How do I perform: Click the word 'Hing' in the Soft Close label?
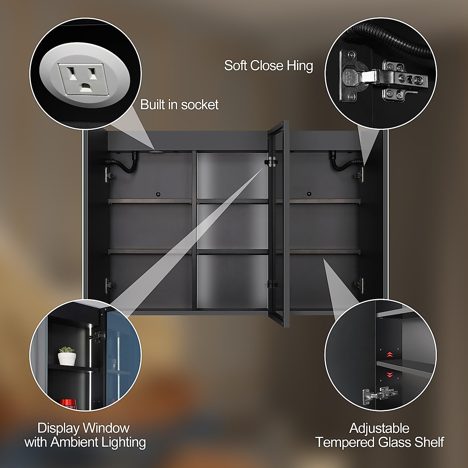(x=300, y=66)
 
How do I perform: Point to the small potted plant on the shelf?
(x=67, y=356)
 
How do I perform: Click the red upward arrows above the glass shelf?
(x=389, y=355)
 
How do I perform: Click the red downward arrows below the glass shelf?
(x=389, y=375)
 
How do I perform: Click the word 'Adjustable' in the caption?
(x=379, y=428)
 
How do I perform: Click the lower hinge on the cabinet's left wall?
(x=108, y=284)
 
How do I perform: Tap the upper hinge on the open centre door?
(x=271, y=161)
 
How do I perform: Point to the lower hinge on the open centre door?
(x=271, y=284)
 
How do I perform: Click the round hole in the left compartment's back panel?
(x=158, y=194)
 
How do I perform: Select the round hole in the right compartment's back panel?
(x=309, y=194)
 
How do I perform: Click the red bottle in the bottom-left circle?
(x=67, y=402)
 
